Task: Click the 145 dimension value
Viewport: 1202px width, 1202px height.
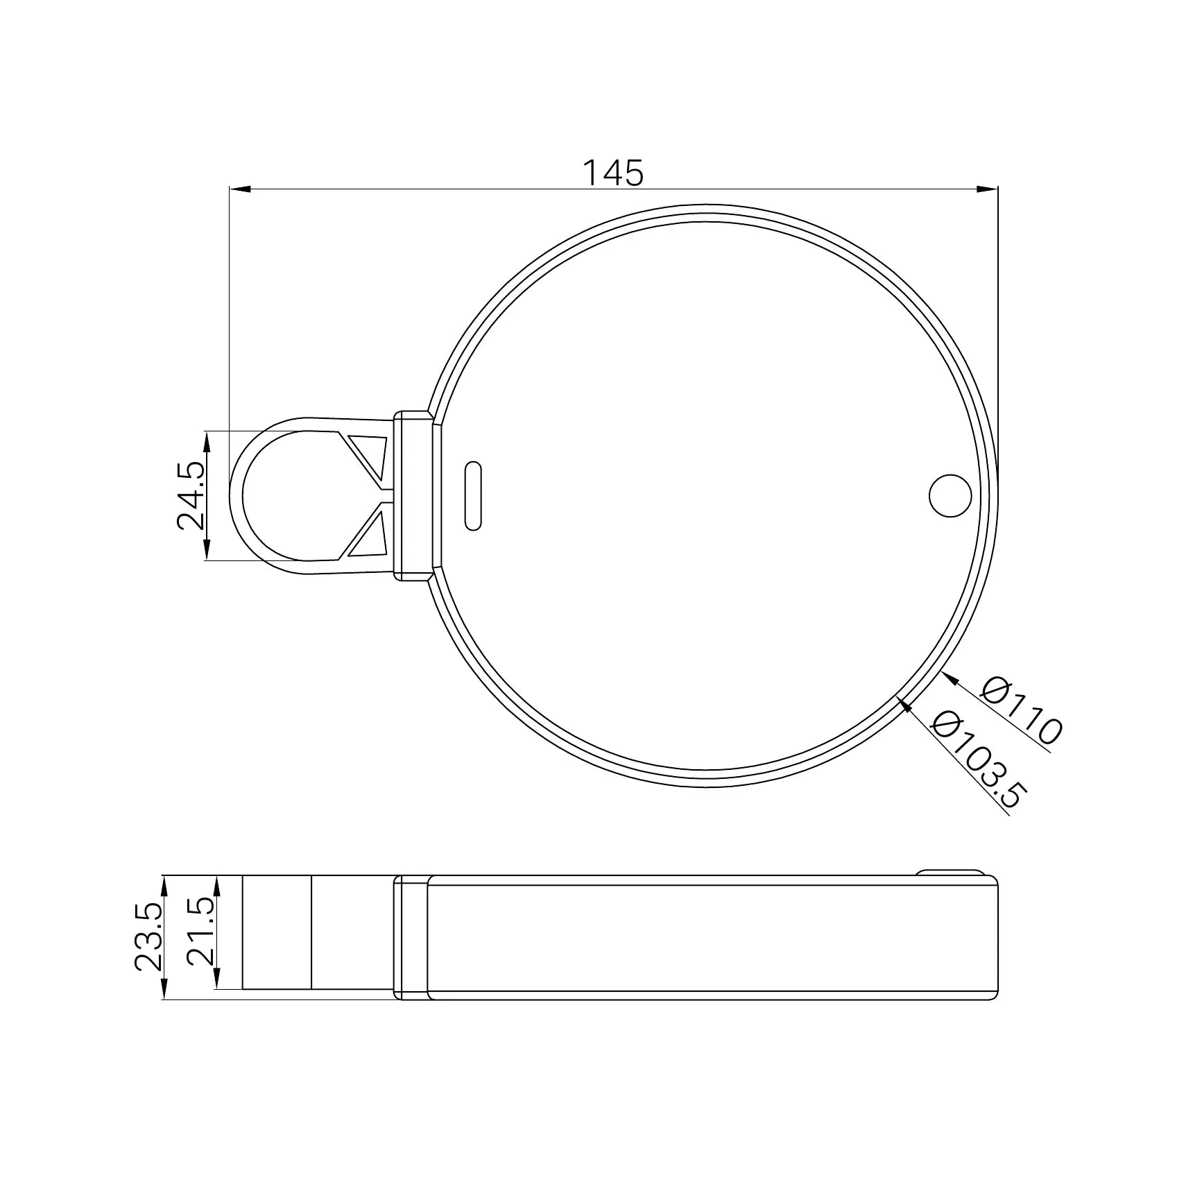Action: point(612,173)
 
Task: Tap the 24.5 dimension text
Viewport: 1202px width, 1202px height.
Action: point(191,496)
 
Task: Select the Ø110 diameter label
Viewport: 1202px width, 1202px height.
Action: point(1022,712)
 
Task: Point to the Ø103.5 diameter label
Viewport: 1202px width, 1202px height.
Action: point(977,760)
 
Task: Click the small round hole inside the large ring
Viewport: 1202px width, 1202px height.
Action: point(950,495)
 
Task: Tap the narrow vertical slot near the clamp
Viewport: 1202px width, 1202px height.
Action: point(472,495)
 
